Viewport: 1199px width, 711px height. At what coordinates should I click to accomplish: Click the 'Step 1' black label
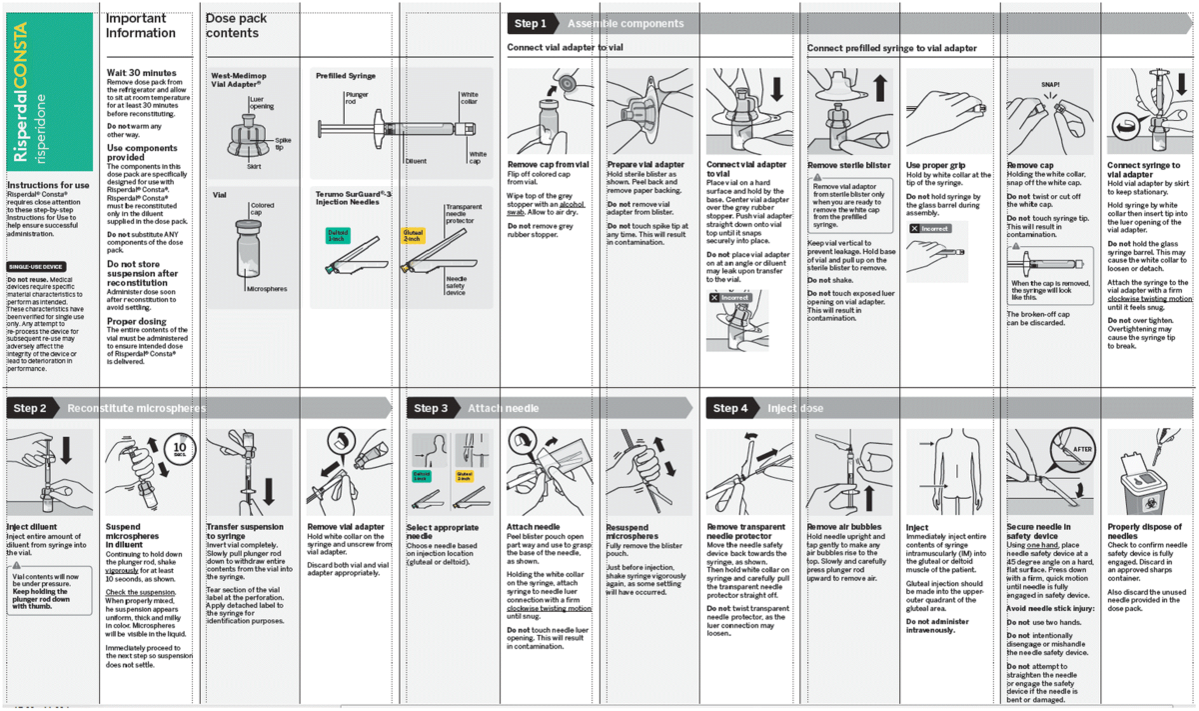[x=530, y=23]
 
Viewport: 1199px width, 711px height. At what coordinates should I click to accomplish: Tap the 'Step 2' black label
[x=30, y=408]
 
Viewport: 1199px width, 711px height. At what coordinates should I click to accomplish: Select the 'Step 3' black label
[x=431, y=408]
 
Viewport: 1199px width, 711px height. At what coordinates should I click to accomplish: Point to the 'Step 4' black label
[x=730, y=408]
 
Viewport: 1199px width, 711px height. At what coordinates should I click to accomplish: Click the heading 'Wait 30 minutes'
[x=141, y=73]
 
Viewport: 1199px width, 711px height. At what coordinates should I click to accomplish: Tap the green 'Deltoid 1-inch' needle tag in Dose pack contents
[x=337, y=236]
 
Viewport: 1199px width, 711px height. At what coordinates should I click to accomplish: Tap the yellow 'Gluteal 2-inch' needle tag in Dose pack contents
[x=413, y=236]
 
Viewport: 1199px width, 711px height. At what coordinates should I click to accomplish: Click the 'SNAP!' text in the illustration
[x=1049, y=85]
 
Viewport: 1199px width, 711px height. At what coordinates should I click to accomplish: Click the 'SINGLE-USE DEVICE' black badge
[x=37, y=267]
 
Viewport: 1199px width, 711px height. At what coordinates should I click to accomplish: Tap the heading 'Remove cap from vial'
[x=548, y=164]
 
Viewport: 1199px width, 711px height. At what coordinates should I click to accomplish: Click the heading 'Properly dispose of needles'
[x=1143, y=530]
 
